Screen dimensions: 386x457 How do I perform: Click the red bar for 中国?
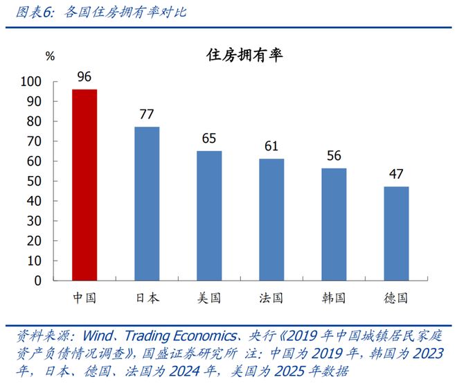click(84, 185)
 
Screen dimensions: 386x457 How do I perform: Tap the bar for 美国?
click(209, 216)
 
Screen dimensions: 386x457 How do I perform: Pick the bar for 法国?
click(271, 220)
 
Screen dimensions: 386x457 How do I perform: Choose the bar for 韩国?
click(334, 225)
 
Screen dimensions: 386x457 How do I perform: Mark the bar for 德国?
click(396, 234)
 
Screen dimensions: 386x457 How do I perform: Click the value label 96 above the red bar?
click(84, 77)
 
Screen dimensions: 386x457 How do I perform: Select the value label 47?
click(396, 174)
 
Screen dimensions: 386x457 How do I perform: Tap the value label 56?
click(334, 156)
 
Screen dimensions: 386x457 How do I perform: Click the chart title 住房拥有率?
click(244, 56)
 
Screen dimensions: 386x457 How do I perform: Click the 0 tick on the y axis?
click(58, 281)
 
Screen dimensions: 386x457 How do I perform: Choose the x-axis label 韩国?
click(334, 298)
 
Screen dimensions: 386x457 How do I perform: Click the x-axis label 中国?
click(84, 298)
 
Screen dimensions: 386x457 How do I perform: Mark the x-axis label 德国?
click(396, 298)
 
